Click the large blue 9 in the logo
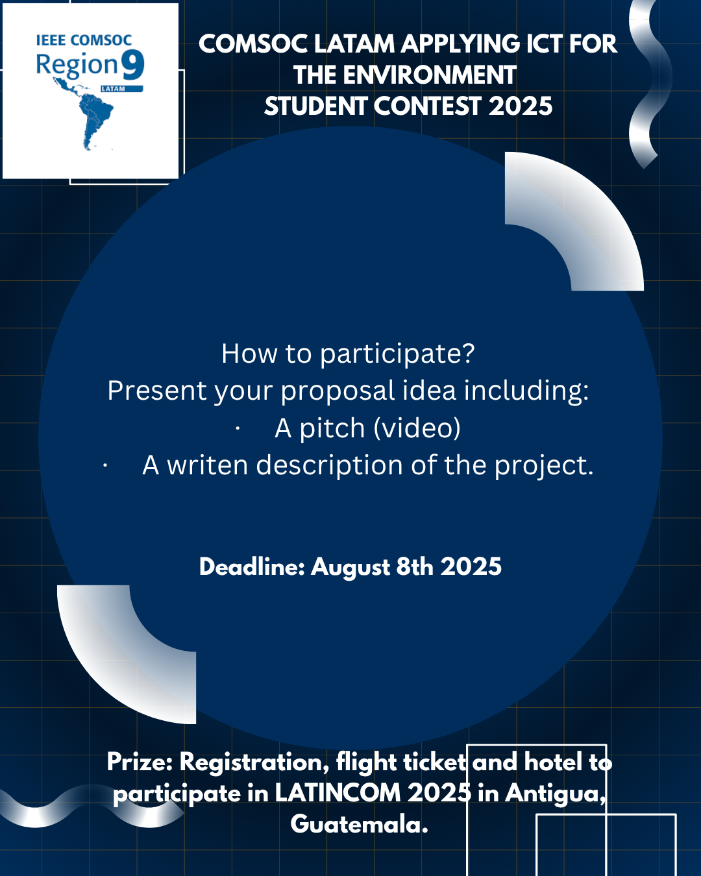tap(133, 65)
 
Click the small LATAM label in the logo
tap(113, 89)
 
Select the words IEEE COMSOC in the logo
tap(84, 40)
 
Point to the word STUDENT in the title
tap(315, 106)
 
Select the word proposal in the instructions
tap(338, 391)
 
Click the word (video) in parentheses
tap(417, 428)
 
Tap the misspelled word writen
tap(207, 465)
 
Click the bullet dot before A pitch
tap(238, 429)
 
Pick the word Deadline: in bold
tap(252, 566)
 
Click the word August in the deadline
tap(350, 567)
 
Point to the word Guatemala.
tap(359, 824)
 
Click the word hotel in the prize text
tap(553, 762)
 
